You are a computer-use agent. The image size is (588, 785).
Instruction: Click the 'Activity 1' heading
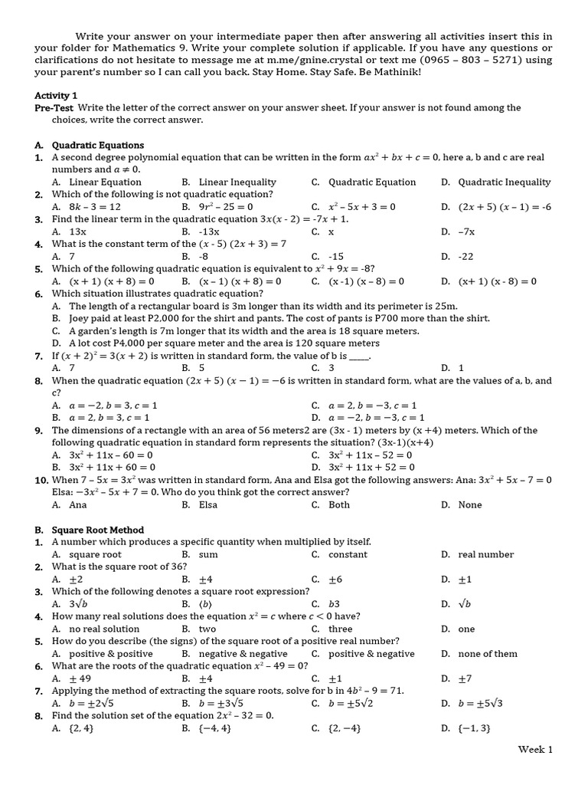(56, 95)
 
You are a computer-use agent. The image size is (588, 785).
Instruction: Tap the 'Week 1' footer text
(534, 749)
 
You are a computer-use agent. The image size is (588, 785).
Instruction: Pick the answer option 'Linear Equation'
(105, 182)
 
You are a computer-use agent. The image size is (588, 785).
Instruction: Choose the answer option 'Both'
(338, 504)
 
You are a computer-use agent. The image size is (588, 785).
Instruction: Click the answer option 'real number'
(485, 554)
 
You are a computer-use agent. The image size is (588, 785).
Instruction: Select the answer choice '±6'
(335, 580)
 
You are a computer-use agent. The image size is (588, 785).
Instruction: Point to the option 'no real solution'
(104, 629)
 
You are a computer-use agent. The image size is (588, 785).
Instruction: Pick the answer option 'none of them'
(487, 654)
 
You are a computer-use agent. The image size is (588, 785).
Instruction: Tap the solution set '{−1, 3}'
(474, 728)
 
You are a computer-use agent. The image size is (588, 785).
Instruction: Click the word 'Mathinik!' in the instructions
(394, 73)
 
